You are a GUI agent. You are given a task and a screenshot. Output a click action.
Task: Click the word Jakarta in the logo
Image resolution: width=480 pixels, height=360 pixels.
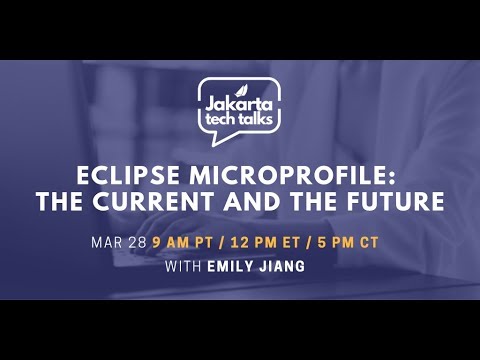238,100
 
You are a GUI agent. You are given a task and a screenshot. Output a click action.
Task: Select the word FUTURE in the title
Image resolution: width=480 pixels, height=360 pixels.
397,202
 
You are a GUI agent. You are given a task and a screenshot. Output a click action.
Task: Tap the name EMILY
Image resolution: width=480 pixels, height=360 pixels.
233,266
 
